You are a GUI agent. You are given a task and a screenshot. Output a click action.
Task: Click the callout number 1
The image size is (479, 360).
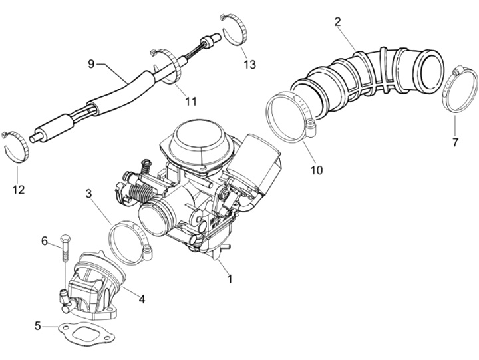tap(230, 279)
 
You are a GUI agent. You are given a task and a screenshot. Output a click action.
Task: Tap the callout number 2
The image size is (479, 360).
tap(337, 22)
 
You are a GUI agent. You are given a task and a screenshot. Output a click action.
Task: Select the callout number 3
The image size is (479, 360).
tap(88, 194)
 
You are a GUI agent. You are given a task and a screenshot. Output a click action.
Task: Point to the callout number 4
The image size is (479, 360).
tap(142, 299)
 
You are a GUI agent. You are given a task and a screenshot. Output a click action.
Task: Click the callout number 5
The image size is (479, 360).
tap(38, 326)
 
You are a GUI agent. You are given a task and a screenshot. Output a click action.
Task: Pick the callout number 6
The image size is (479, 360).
tap(45, 240)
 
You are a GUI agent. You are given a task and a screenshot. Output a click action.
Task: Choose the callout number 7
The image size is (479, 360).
tap(455, 142)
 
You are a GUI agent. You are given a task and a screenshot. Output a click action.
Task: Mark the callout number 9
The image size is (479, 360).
tap(92, 63)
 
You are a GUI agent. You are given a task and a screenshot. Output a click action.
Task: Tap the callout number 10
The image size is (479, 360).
tap(316, 170)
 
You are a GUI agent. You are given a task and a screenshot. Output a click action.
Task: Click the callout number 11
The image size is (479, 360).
tap(191, 101)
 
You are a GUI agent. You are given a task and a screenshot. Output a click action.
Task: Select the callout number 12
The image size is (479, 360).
tap(18, 190)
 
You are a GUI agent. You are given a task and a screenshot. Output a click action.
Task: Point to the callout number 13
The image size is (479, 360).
tap(249, 64)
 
